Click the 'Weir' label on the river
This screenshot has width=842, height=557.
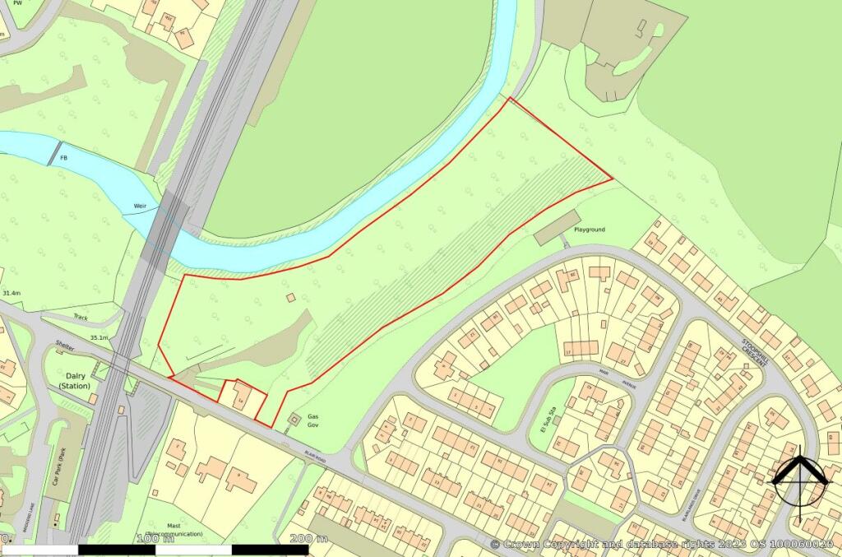click(136, 207)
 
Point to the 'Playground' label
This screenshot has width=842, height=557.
click(590, 230)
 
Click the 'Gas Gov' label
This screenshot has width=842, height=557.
click(312, 421)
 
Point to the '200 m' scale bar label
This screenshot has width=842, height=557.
click(309, 539)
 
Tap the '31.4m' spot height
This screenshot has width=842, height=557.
click(12, 293)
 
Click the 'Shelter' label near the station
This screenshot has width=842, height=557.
click(65, 347)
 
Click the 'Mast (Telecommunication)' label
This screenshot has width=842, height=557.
click(173, 528)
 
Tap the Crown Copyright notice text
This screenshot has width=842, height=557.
click(661, 544)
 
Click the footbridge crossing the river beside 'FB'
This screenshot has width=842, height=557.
click(54, 152)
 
